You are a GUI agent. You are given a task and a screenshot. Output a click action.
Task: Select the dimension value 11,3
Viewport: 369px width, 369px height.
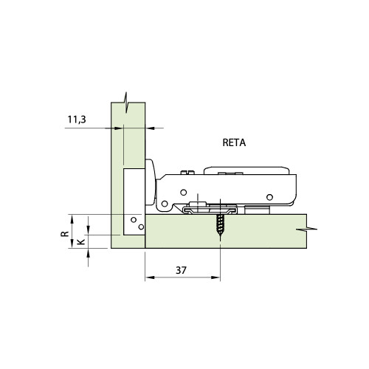[x=77, y=118]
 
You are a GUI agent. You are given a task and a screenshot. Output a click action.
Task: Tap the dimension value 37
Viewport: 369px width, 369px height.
[x=182, y=270]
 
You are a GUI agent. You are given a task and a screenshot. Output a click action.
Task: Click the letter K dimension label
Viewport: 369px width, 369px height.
[x=81, y=241]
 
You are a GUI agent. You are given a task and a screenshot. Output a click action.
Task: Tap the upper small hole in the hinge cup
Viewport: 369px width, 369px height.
[x=134, y=219]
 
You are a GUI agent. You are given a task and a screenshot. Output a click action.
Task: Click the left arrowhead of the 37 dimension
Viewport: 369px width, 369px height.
[x=148, y=278]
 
